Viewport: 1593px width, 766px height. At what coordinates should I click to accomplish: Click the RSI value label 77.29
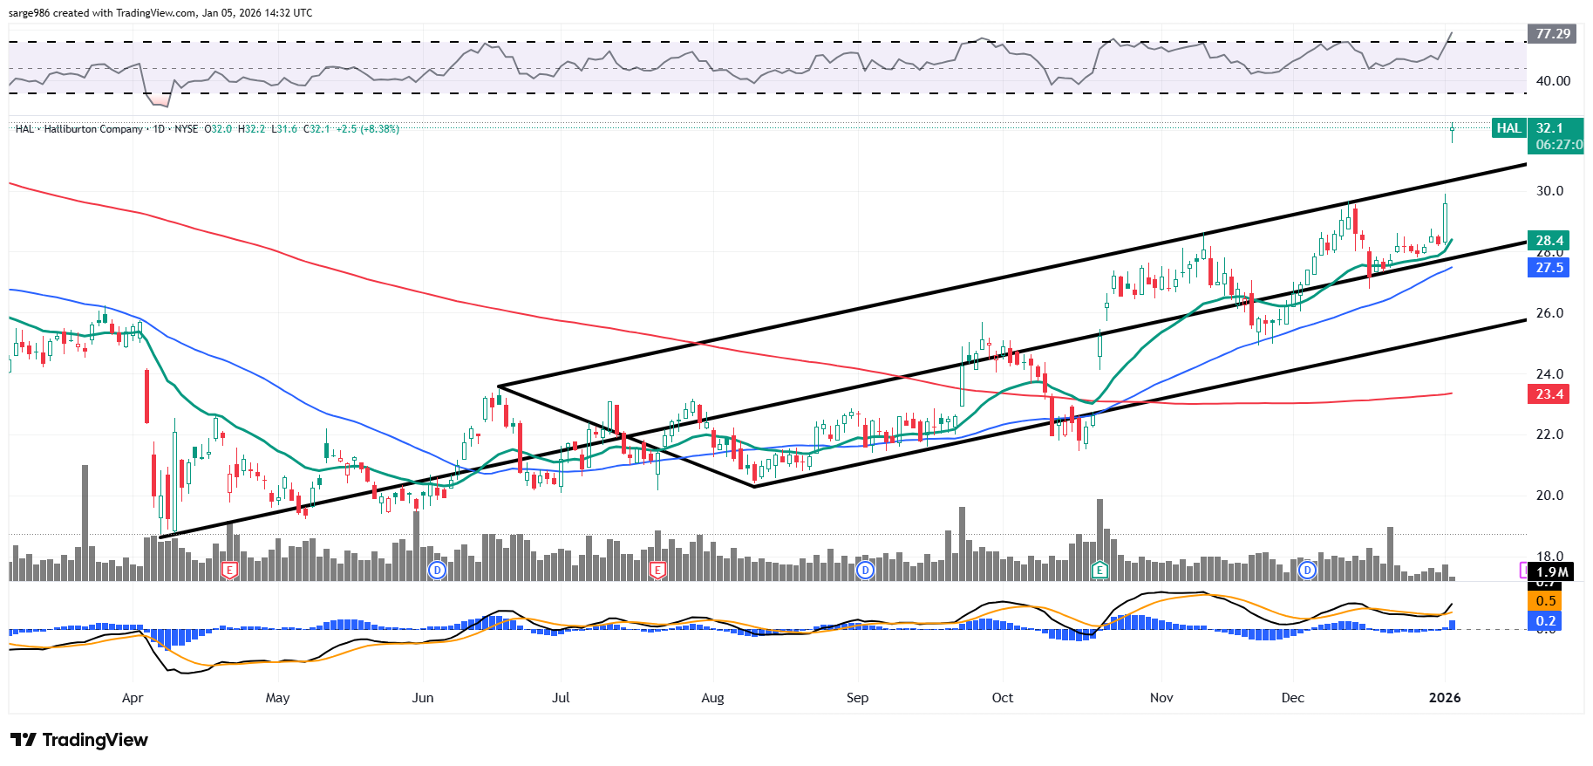[1553, 34]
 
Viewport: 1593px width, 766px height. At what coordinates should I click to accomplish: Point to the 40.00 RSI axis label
[1553, 81]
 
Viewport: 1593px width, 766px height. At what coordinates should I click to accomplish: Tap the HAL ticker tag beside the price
[1508, 128]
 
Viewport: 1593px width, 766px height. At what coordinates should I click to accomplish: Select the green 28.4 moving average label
[1549, 241]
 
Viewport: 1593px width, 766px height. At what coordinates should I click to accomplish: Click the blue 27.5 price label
[1549, 268]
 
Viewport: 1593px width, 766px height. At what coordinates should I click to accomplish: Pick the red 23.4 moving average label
[1549, 394]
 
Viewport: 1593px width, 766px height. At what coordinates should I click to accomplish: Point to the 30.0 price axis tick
[1549, 191]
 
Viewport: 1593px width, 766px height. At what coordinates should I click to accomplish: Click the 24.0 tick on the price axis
[1549, 374]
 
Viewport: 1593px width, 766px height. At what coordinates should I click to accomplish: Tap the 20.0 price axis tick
[1549, 496]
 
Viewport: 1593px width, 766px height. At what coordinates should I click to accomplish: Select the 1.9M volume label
[1552, 572]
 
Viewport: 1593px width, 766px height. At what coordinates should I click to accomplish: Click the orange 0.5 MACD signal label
[1546, 601]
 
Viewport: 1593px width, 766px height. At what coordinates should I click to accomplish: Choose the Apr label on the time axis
[133, 698]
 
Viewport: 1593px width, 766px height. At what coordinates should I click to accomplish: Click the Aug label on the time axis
[712, 698]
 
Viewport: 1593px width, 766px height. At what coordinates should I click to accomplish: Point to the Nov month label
[1161, 698]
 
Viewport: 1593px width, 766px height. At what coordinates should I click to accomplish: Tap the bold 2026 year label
[1445, 698]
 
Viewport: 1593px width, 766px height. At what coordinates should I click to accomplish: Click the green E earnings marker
[1100, 571]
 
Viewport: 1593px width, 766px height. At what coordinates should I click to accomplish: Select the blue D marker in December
[1307, 571]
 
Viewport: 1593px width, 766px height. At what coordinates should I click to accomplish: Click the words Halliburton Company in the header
[93, 129]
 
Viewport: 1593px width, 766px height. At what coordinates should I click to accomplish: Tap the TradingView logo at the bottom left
[79, 740]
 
